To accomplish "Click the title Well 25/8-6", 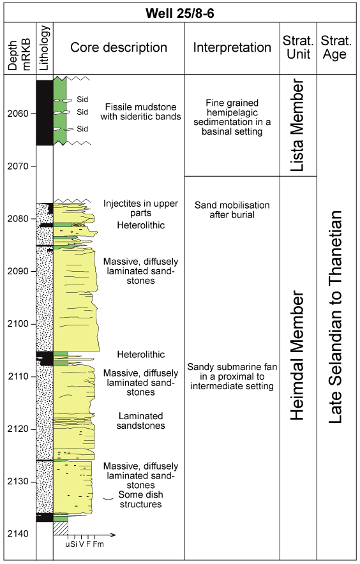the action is [x=179, y=13].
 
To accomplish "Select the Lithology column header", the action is [x=44, y=48].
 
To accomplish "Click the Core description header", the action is [x=119, y=47].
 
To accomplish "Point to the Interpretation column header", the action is [x=232, y=47].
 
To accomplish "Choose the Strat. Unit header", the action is [x=298, y=47].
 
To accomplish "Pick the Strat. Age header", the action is [x=336, y=47].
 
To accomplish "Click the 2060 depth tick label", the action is [x=18, y=114].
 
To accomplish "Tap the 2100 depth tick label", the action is [x=18, y=323].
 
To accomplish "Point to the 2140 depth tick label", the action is [x=18, y=534].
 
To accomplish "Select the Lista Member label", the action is [x=297, y=125].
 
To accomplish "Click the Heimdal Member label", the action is [x=297, y=355].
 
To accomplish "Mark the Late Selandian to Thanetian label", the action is [x=335, y=317].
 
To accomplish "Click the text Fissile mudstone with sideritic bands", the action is [x=140, y=112].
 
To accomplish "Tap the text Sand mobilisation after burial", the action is [x=232, y=210].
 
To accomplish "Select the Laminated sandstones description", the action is [x=140, y=420].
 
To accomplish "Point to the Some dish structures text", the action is [x=140, y=500].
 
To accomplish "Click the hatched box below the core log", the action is [x=61, y=528].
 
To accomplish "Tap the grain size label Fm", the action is [x=98, y=544].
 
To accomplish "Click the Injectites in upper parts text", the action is [x=140, y=208].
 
